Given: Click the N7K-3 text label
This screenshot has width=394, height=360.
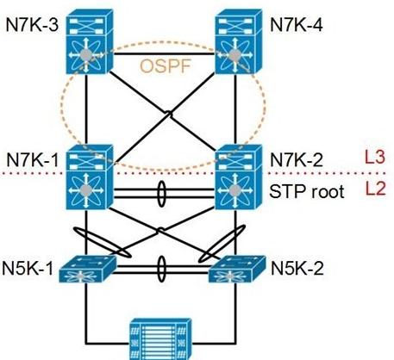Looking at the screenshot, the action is [32, 25].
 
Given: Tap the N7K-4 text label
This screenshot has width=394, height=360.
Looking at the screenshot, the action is [297, 25].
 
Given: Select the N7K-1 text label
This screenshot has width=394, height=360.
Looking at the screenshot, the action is [33, 159].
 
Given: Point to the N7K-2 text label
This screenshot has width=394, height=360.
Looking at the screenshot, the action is [297, 159].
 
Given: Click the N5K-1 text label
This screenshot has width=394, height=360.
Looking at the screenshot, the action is [28, 269].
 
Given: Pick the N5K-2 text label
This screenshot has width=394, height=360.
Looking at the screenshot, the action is [297, 269].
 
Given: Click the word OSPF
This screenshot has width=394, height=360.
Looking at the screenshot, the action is [166, 66].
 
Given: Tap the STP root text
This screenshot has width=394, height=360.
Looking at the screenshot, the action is [307, 191].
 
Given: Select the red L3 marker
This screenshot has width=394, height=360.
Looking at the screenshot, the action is [375, 158].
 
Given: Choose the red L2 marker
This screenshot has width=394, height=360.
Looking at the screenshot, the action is [375, 189].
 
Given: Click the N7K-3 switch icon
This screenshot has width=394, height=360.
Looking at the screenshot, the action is [90, 41].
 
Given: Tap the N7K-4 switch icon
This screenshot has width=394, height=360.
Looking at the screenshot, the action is [239, 41].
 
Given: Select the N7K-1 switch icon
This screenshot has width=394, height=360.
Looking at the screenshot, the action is [90, 177].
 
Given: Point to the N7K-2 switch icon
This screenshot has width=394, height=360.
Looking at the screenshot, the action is [239, 177].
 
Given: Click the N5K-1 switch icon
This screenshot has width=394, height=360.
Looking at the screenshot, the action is [88, 269].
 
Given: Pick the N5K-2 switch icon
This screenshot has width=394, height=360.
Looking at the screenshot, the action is [237, 269].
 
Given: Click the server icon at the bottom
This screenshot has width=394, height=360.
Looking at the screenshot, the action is [161, 338].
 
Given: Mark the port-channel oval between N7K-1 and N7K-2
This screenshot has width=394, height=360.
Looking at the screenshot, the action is [158, 194].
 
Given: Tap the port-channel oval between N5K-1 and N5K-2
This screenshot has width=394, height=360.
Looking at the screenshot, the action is [158, 269].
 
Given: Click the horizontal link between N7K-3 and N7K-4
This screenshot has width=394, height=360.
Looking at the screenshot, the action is [164, 53].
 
